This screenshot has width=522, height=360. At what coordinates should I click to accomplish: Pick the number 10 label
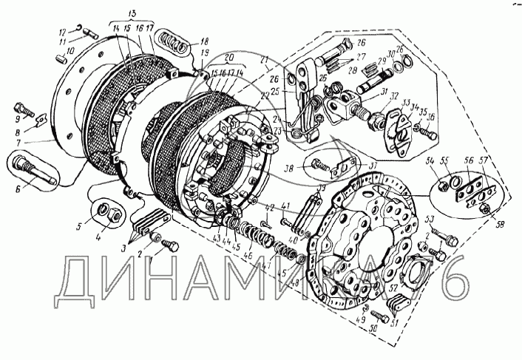coord(70,52)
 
